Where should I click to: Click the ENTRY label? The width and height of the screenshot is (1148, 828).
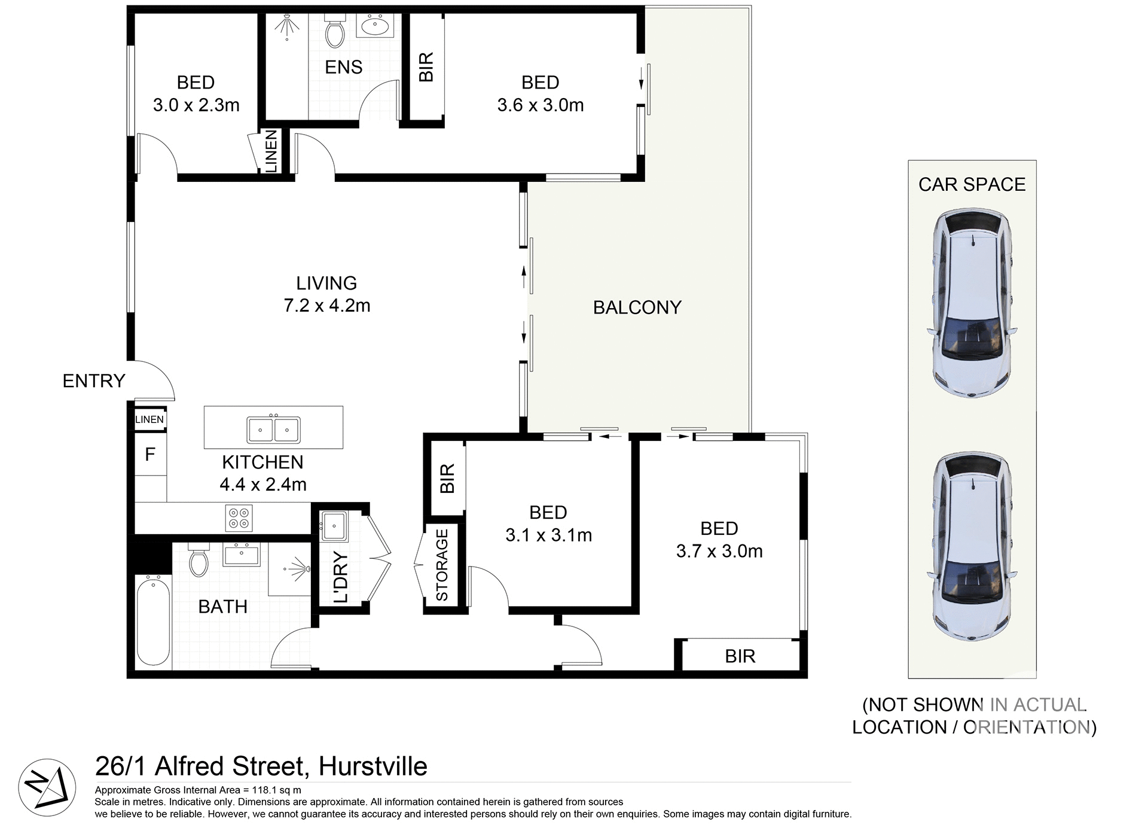pos(94,381)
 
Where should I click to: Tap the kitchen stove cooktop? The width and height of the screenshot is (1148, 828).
pos(239,518)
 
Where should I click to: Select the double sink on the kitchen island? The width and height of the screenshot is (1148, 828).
pos(273,430)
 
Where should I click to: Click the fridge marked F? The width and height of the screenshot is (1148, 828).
pos(150,455)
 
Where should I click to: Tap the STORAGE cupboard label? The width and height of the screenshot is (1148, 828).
pos(442,565)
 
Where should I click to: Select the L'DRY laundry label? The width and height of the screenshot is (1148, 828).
pos(340,577)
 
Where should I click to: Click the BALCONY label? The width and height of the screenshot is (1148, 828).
pos(637,308)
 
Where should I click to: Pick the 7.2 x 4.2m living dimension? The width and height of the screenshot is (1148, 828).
pos(327,306)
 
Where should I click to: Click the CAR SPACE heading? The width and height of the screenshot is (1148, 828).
pos(972,184)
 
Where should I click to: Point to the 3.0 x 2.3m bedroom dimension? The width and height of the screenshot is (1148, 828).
pos(196,105)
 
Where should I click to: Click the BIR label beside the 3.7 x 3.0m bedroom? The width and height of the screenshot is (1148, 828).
pos(740,656)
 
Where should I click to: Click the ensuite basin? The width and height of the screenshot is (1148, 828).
pos(375,26)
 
